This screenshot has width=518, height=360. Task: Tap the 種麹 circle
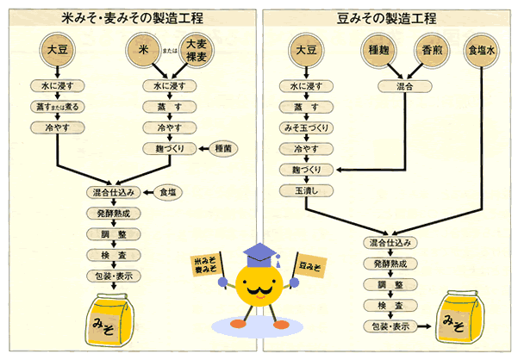pyautogui.click(x=378, y=50)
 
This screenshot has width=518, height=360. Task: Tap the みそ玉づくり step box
pyautogui.click(x=306, y=127)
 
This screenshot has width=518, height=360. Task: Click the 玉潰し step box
pyautogui.click(x=306, y=189)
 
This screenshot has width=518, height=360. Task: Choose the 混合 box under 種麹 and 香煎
pyautogui.click(x=404, y=87)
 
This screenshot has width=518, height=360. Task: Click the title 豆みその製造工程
pyautogui.click(x=387, y=17)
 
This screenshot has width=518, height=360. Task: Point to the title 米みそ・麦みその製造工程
pyautogui.click(x=129, y=17)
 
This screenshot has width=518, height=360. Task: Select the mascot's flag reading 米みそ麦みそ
pyautogui.click(x=206, y=266)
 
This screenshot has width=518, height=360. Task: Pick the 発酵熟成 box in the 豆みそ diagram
pyautogui.click(x=390, y=264)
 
